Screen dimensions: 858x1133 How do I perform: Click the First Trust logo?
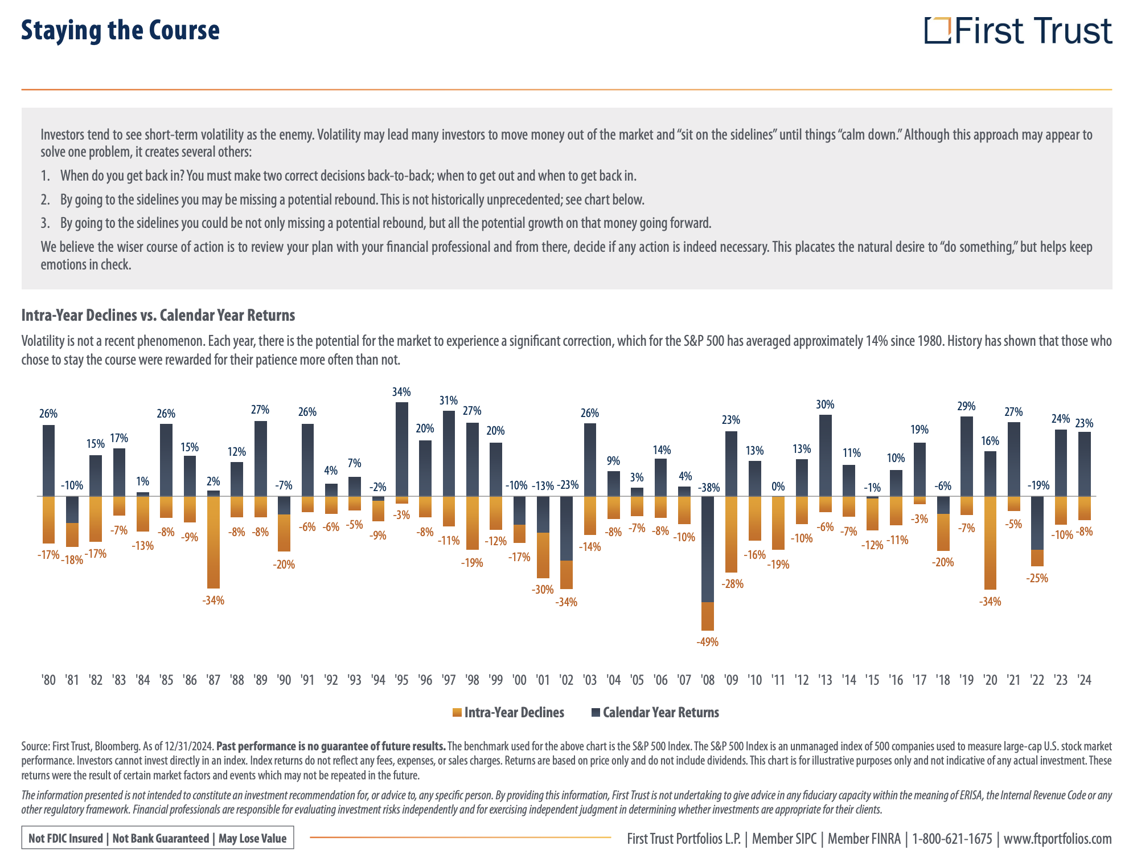1017,31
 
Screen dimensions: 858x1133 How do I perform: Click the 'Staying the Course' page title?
120,31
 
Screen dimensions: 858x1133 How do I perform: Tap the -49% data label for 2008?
707,642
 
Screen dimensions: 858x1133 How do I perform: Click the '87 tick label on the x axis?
214,680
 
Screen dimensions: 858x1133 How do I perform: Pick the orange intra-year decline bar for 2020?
990,542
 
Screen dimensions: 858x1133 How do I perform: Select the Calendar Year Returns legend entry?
655,713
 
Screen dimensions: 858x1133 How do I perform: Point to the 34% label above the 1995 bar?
401,392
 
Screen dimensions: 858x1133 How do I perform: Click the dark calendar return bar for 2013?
825,455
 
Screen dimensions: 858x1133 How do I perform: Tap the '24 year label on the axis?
1085,680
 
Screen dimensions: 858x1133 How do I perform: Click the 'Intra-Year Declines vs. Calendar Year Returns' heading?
158,315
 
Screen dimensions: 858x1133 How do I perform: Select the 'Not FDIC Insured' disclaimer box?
158,838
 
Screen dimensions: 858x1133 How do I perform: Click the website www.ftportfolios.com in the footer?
1057,839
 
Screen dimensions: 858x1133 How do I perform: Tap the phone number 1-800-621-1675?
952,839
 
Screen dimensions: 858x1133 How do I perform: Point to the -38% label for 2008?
709,488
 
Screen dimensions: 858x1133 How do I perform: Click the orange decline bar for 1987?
214,542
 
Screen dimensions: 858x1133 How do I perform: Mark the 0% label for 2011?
778,487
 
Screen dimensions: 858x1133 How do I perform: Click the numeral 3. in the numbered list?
46,223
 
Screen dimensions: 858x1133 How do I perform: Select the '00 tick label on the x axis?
519,680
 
